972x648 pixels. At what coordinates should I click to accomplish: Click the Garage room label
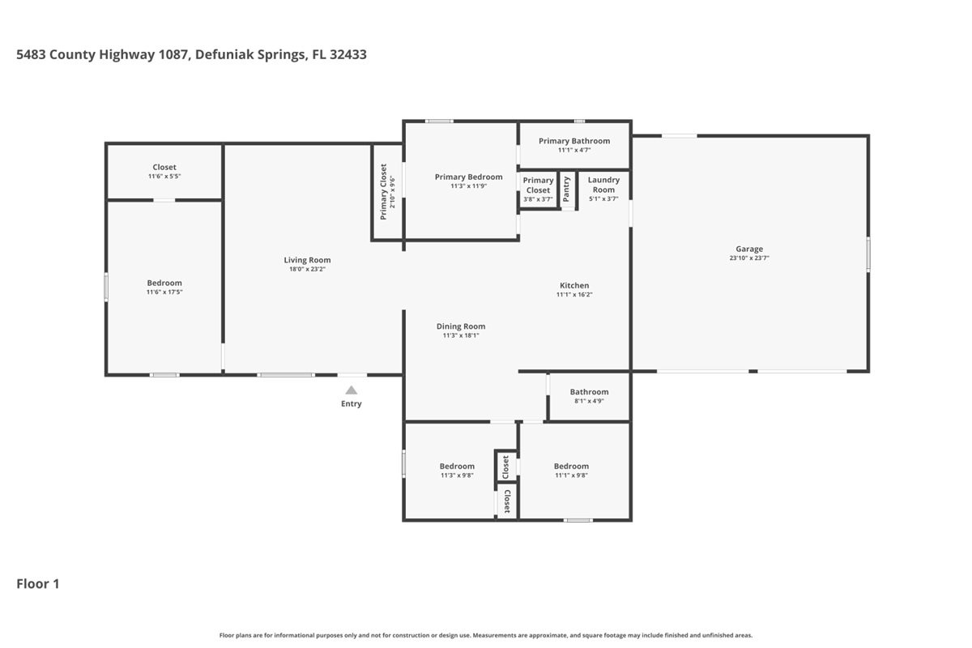coord(749,249)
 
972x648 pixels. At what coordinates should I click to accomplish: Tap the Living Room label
coord(307,260)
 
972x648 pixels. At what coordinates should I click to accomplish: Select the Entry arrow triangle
coord(352,390)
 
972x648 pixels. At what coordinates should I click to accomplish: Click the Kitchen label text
coord(574,285)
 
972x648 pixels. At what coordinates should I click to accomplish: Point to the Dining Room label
coord(461,326)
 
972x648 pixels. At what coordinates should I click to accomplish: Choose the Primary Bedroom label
coord(468,177)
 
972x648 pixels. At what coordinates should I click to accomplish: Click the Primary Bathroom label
coord(574,141)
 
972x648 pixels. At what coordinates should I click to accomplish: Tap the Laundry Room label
coord(603,185)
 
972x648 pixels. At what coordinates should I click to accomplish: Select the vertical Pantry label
coord(567,190)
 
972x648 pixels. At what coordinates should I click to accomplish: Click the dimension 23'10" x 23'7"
coord(749,259)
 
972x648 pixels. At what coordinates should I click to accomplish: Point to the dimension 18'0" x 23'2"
coord(307,270)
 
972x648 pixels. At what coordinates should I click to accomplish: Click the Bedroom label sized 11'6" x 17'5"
coord(164,283)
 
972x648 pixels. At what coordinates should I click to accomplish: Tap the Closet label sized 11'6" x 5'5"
coord(164,168)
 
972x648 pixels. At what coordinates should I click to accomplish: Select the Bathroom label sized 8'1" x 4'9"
coord(589,392)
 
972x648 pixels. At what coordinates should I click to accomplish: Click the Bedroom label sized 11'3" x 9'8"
coord(457,466)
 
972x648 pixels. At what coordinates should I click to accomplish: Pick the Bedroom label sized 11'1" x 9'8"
coord(571,466)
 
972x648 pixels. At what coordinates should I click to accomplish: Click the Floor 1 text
coord(38,583)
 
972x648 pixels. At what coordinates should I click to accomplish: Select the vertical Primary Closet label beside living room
coord(384,192)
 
